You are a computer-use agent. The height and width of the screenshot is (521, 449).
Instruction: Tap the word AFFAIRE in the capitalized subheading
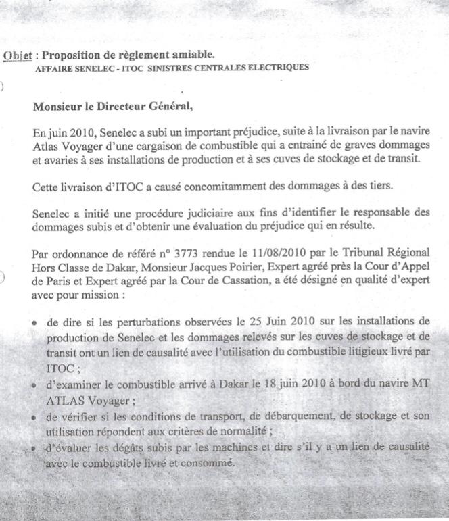tap(53, 67)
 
